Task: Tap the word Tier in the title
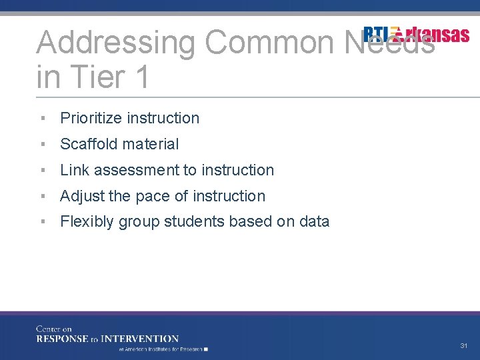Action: [x=98, y=77]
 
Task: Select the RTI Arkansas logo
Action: [x=416, y=35]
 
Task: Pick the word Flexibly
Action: [x=87, y=222]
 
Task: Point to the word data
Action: [x=314, y=222]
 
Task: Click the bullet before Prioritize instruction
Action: [x=42, y=118]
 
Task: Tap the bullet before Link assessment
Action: [x=42, y=170]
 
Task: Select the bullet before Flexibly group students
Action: [x=42, y=222]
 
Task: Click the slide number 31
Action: [x=463, y=346]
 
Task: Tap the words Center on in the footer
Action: [x=54, y=329]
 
